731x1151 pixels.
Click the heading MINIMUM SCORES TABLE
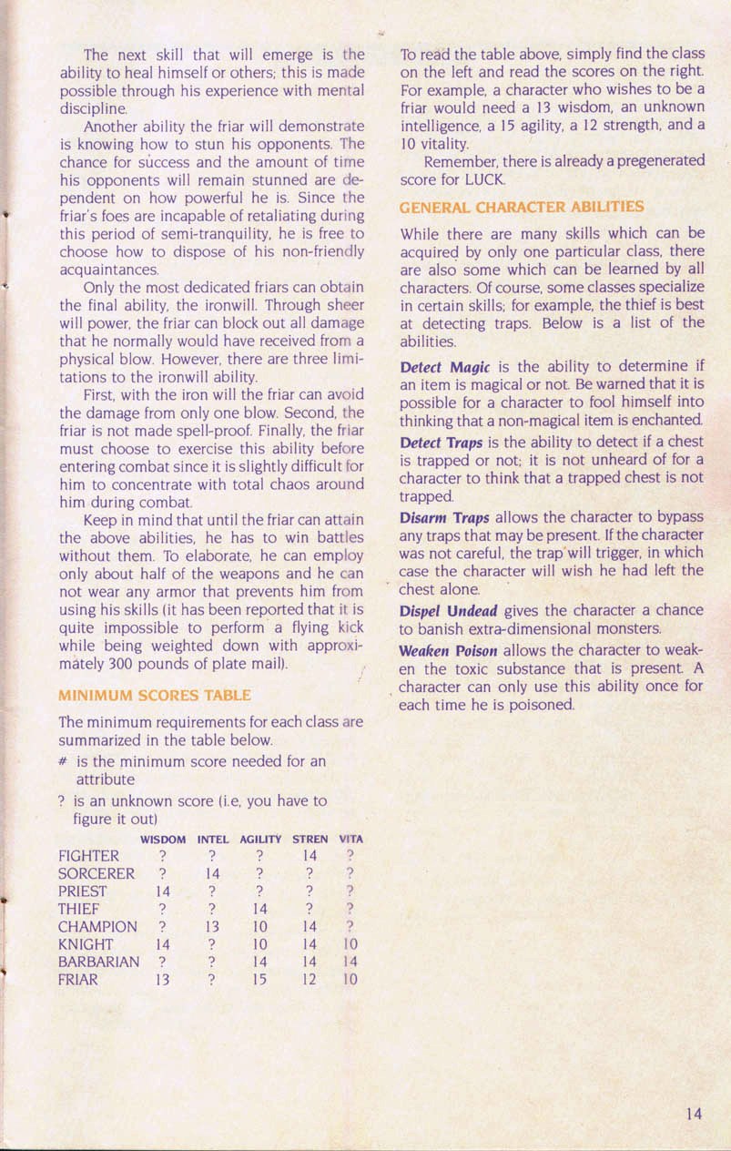pos(154,696)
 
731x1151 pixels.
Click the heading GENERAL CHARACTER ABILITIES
pos(522,207)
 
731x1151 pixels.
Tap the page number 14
pos(695,1113)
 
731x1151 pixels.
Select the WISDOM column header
pos(163,839)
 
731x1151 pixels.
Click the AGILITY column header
pos(260,839)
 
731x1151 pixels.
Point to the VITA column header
pos(350,839)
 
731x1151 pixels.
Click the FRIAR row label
pos(78,981)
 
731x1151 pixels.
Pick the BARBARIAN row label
pos(98,963)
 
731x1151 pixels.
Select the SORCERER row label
pos(96,873)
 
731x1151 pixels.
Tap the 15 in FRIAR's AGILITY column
pos(259,981)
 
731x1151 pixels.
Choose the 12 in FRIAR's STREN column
pos(310,981)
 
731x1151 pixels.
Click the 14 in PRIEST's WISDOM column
pos(162,891)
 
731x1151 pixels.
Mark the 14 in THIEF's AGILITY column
pos(259,909)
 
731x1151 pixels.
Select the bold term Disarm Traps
pos(445,518)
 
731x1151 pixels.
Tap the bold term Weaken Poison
pos(449,651)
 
